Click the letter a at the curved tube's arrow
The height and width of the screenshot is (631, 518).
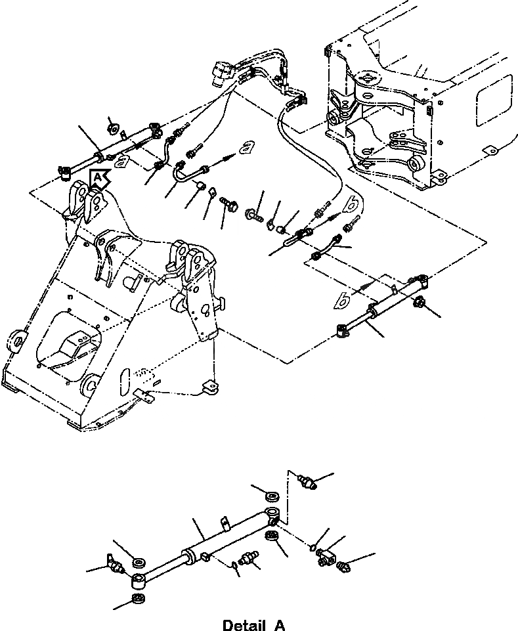(247, 147)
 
